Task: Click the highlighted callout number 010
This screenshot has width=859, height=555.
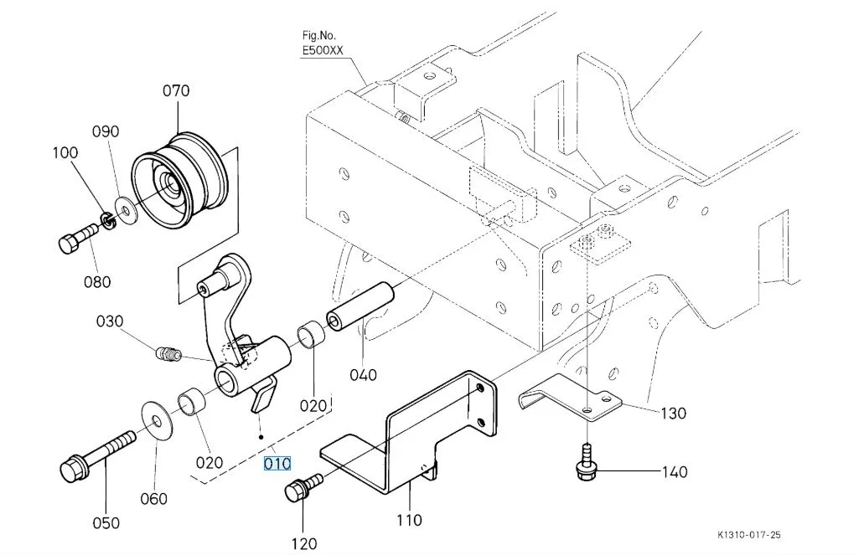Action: pyautogui.click(x=277, y=464)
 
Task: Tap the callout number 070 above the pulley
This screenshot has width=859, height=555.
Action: pyautogui.click(x=176, y=90)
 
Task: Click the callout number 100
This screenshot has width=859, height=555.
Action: pyautogui.click(x=65, y=152)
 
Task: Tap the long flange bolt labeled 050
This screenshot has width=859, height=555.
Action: pyautogui.click(x=96, y=451)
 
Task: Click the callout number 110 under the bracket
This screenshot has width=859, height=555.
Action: pyautogui.click(x=409, y=520)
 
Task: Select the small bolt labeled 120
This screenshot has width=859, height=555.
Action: pyautogui.click(x=303, y=486)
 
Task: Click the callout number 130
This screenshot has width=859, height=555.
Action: pyautogui.click(x=673, y=413)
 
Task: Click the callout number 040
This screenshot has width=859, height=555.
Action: pyautogui.click(x=364, y=374)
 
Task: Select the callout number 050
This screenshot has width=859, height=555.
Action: pyautogui.click(x=106, y=523)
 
